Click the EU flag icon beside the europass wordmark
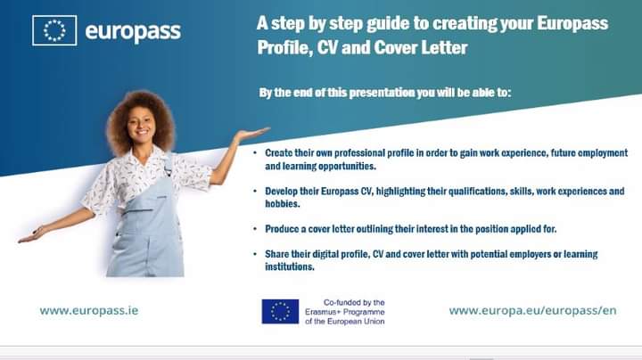coord(54,30)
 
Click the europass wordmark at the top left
coord(133,31)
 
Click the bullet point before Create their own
coord(256,153)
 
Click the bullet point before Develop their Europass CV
coord(256,192)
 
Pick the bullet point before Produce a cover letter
coord(256,229)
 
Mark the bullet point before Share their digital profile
coord(256,255)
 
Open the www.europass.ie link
coord(89,311)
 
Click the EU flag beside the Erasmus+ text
coord(280,311)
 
